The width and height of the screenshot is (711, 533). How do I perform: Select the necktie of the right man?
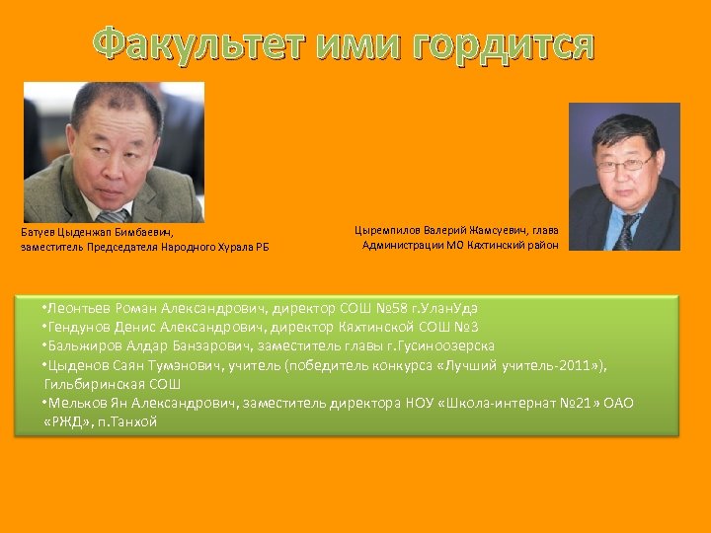coord(626,229)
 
